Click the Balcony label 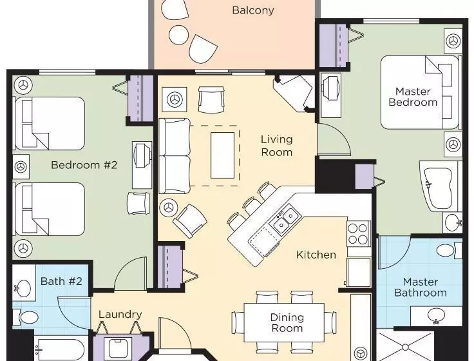click(x=253, y=10)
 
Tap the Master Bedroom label click(x=413, y=97)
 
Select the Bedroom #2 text click(x=84, y=165)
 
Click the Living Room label click(x=276, y=146)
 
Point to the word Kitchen click(x=316, y=255)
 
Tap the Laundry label click(x=120, y=315)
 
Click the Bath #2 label click(x=61, y=281)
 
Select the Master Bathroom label click(x=421, y=287)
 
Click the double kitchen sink click(x=286, y=220)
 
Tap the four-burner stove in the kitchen click(x=358, y=234)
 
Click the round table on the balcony click(x=178, y=35)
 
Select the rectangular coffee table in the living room click(x=222, y=155)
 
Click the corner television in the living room click(x=294, y=93)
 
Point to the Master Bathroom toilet click(x=450, y=250)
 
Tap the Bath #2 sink click(x=24, y=287)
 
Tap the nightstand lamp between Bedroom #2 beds click(x=21, y=166)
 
